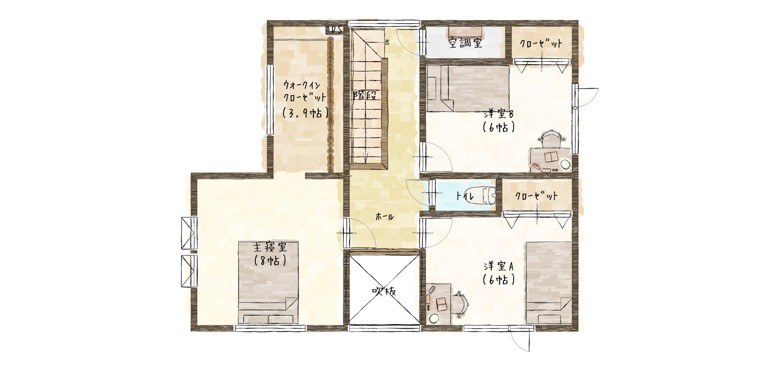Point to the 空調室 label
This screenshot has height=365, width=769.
pos(465,43)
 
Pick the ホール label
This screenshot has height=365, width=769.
pos(384,217)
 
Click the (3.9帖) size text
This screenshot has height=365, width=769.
pos(305,113)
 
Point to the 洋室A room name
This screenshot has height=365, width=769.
pos(499,266)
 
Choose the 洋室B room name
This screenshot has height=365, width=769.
pos(499,114)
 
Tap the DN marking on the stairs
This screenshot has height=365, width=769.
pos(387,42)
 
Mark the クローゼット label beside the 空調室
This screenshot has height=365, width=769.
pos(541,44)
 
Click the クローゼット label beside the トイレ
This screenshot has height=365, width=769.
pos(536,196)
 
